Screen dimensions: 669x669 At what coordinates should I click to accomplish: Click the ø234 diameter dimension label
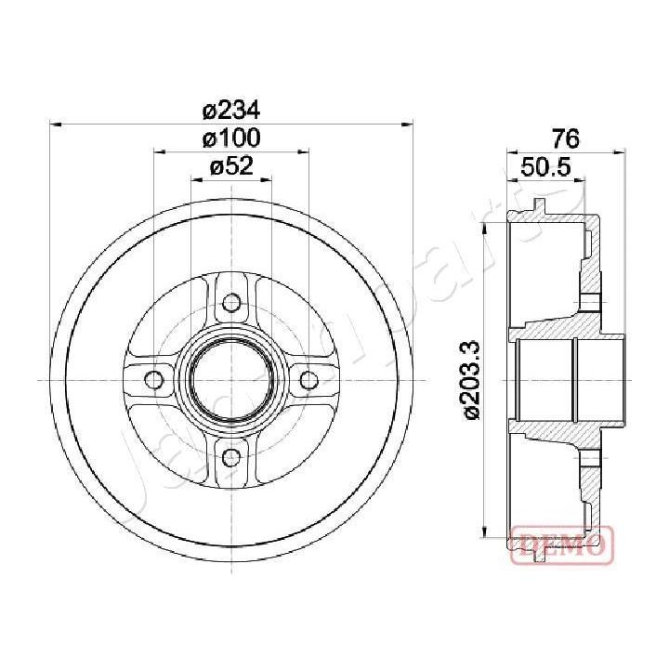(230, 110)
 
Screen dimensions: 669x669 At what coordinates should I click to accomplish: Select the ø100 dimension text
(230, 139)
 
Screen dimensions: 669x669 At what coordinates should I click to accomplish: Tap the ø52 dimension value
(230, 168)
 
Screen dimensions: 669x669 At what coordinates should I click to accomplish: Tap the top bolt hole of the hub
(230, 302)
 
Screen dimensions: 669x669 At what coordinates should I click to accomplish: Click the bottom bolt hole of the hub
(230, 455)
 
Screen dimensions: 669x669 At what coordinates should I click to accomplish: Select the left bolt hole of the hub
(154, 379)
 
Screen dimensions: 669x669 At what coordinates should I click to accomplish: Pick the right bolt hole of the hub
(308, 379)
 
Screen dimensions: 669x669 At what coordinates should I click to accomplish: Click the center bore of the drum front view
(230, 379)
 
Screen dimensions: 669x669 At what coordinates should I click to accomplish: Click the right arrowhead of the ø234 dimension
(407, 122)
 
